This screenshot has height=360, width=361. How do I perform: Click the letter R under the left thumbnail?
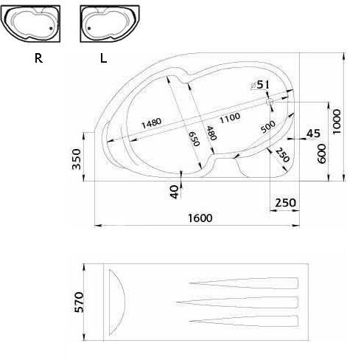click(38, 58)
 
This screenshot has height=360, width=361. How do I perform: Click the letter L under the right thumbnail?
click(103, 58)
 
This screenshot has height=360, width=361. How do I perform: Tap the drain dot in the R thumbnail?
click(51, 28)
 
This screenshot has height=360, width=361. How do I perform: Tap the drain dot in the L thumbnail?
click(89, 28)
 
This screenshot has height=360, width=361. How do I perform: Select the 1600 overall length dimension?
click(200, 218)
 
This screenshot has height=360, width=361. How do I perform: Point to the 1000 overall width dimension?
click(337, 122)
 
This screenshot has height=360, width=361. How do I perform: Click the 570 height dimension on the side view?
click(79, 302)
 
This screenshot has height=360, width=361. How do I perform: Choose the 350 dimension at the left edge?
click(77, 159)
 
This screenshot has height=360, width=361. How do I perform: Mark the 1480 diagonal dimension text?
click(152, 123)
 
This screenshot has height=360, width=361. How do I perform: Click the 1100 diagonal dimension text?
click(230, 118)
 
